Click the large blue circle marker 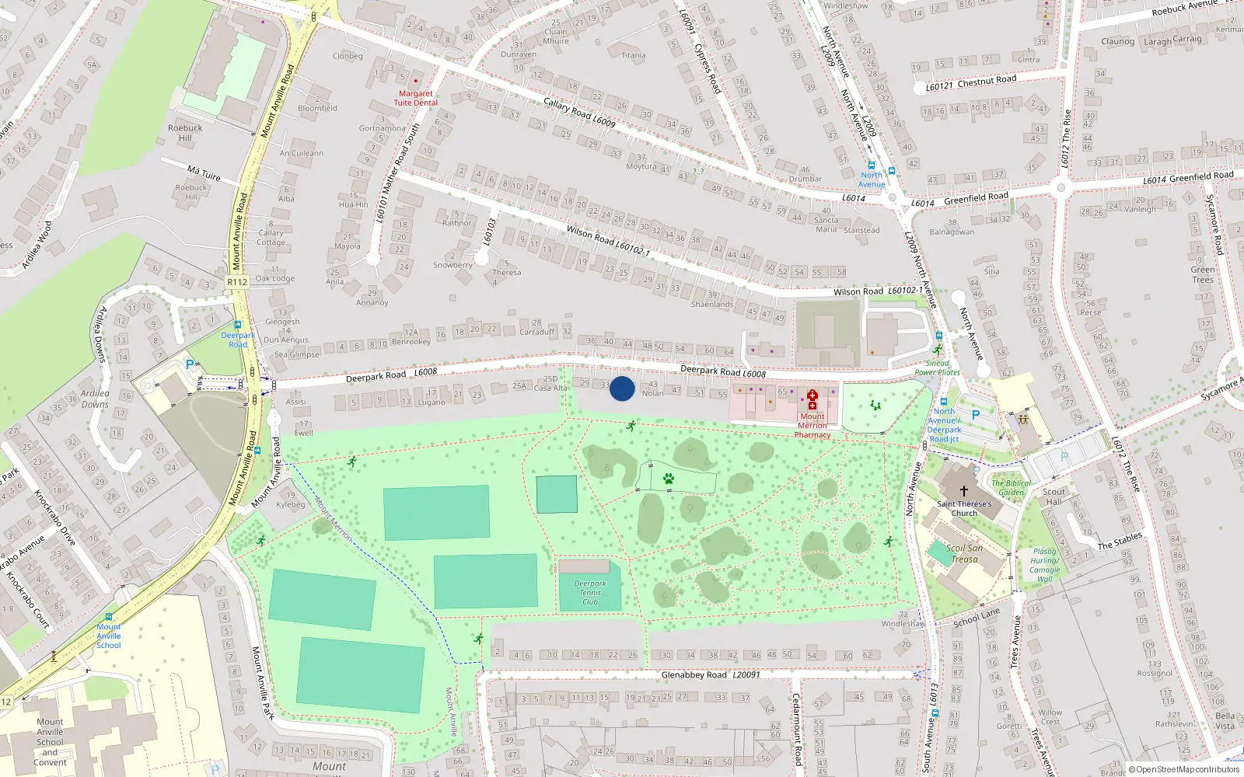click(622, 388)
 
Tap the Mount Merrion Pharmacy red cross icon click(812, 399)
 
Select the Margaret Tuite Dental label click(415, 98)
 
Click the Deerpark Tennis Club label click(590, 593)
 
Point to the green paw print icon click(669, 479)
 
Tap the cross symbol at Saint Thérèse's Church click(963, 490)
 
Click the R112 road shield click(237, 282)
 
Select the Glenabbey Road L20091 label click(710, 674)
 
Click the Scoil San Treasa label click(964, 553)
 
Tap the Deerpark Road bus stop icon click(237, 326)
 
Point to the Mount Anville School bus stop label click(109, 636)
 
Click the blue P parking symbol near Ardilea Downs click(189, 364)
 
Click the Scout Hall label click(1054, 497)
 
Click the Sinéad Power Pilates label click(937, 368)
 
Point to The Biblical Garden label click(1011, 487)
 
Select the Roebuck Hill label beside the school click(185, 133)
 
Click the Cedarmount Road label click(795, 729)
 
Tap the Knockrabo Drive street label click(54, 516)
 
